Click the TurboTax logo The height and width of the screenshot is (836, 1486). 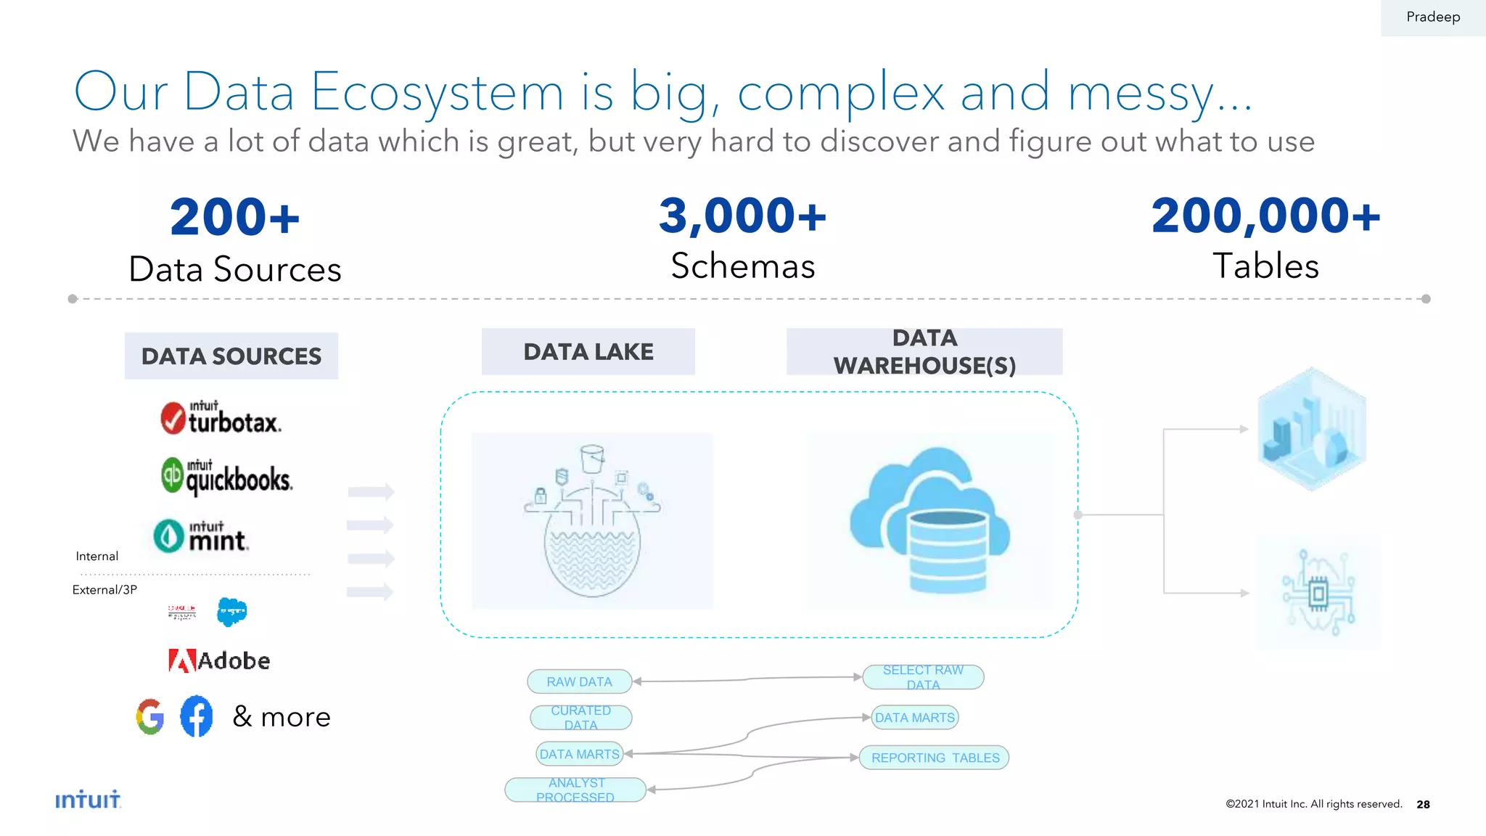(221, 418)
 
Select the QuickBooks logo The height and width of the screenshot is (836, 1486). (226, 477)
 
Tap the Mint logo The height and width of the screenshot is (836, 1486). (201, 536)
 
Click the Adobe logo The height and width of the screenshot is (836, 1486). (219, 660)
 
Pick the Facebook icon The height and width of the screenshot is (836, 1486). (197, 716)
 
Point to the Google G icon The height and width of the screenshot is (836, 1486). (150, 716)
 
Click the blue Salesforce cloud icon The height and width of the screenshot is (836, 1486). (232, 612)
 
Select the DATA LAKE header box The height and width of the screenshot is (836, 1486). (588, 352)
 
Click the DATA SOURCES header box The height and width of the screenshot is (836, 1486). (231, 356)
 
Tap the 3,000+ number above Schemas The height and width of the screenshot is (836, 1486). (742, 216)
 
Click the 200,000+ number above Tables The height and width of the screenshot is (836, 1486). (1265, 216)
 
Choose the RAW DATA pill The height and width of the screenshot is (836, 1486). (579, 681)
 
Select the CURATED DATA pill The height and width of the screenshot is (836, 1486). (580, 718)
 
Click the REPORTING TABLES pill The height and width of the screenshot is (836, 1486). (935, 758)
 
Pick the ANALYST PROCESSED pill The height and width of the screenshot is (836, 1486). (575, 790)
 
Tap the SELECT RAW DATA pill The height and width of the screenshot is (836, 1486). (923, 677)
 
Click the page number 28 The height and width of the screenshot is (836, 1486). (1423, 804)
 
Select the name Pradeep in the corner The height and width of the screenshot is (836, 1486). (1432, 17)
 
